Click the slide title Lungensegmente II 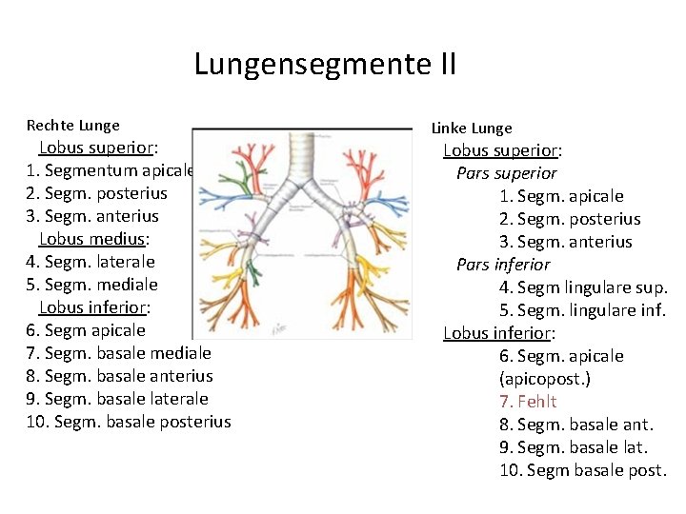(x=325, y=65)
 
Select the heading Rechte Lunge (x=73, y=125)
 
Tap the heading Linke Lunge (x=472, y=128)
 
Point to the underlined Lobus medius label (x=93, y=239)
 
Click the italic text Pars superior (x=506, y=173)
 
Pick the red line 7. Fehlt (x=527, y=402)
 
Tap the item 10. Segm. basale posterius (x=129, y=422)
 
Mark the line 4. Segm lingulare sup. (x=582, y=287)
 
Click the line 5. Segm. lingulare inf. (x=582, y=310)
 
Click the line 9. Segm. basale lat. (x=573, y=447)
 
